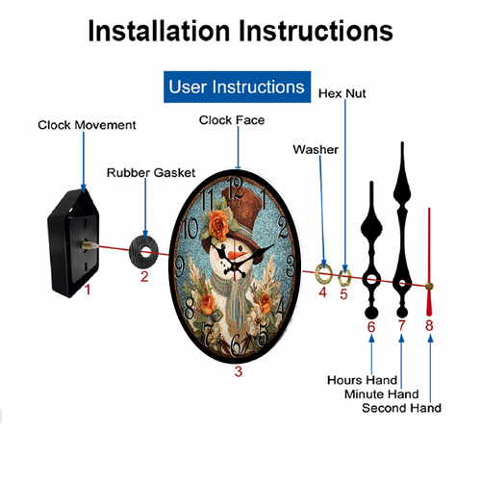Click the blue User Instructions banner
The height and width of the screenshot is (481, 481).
point(237,87)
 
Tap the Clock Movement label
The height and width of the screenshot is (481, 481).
point(87,125)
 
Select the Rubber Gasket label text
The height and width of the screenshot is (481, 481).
point(151,173)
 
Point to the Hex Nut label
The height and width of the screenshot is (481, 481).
point(342,93)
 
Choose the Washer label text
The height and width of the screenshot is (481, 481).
point(316,150)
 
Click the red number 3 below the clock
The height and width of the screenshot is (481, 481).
point(239,371)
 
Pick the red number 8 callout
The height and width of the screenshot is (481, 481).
point(429,325)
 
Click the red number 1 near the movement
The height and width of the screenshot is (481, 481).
point(88,290)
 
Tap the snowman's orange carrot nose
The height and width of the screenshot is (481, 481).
point(238,256)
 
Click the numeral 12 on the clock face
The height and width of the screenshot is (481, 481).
point(236,189)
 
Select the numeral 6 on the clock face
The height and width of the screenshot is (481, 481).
point(236,345)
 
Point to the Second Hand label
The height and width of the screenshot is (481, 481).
point(401,408)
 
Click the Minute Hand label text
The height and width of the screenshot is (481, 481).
point(382,394)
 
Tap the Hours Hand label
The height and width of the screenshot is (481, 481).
point(362,380)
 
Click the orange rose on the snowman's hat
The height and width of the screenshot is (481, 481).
point(218,224)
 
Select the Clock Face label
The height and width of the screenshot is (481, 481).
point(232,120)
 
